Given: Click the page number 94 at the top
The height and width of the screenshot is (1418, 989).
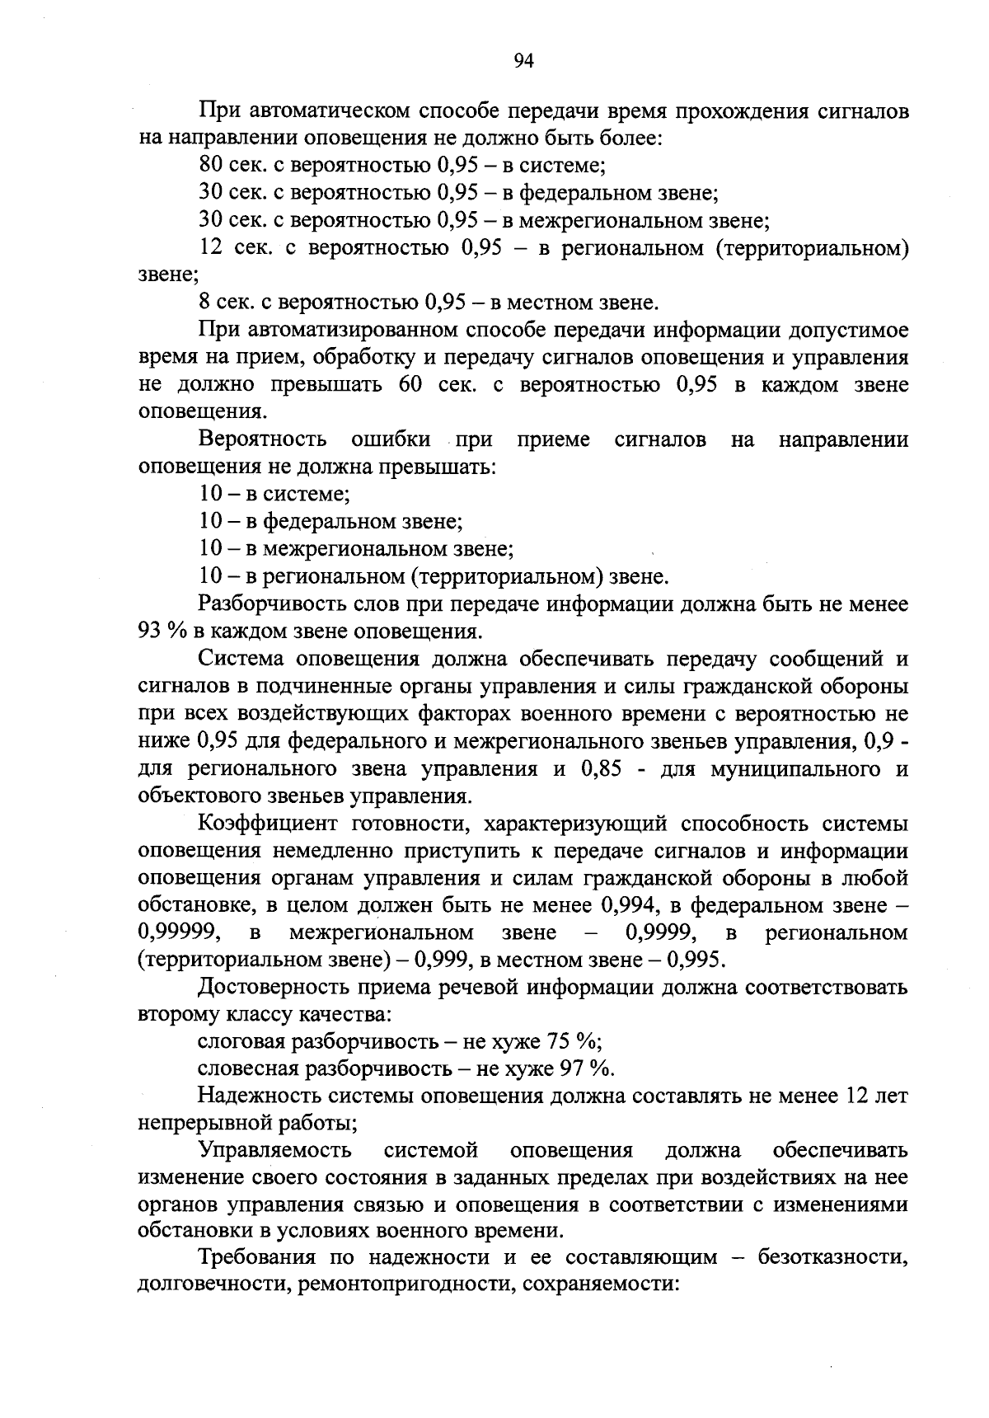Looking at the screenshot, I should [x=524, y=60].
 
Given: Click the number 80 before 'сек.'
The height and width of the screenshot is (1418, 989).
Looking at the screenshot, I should [x=211, y=166].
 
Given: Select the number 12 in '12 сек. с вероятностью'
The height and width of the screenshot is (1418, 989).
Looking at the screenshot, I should [x=211, y=248].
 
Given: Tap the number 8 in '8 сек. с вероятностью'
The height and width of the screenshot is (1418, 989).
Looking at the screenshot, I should [x=204, y=303].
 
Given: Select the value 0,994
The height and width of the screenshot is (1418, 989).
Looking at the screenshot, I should [x=629, y=906].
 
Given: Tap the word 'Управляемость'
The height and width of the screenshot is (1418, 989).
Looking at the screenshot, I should [x=275, y=1151].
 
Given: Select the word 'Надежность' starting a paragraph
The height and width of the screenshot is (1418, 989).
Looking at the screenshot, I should [x=261, y=1096].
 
